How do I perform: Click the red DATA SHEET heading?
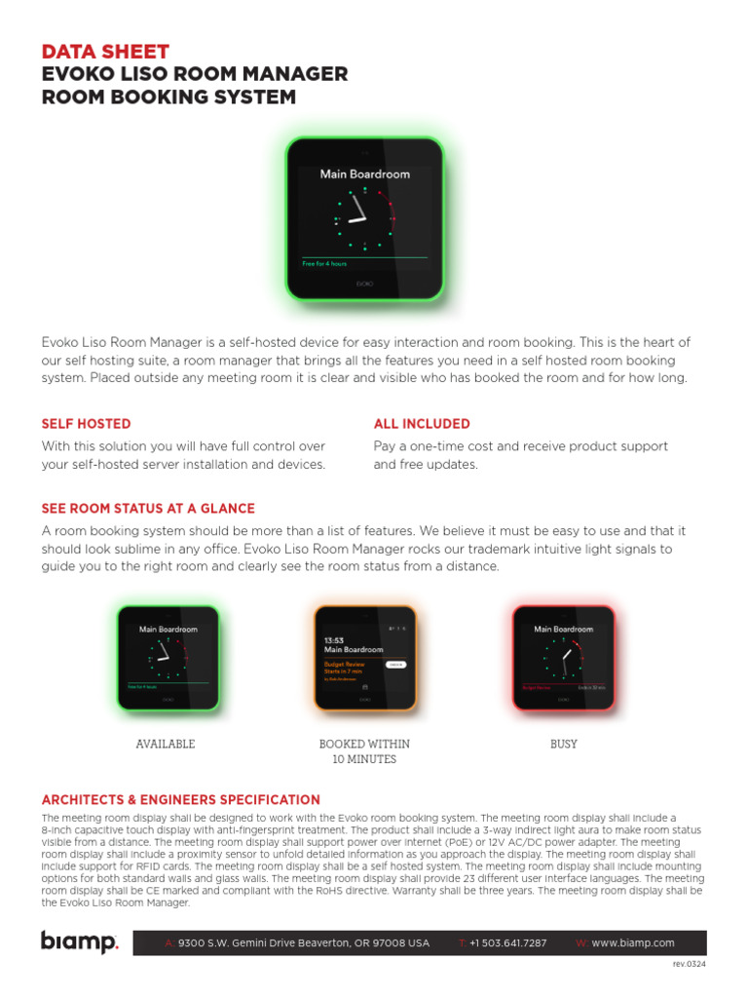105,52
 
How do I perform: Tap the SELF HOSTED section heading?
86,424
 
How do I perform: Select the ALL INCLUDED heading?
422,424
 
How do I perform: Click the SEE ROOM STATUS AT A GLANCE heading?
148,509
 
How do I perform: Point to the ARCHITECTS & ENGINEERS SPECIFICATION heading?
180,799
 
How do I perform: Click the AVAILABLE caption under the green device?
166,744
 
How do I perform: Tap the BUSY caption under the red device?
564,744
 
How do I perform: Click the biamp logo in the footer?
79,942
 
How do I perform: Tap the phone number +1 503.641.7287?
507,943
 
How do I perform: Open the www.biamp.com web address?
633,943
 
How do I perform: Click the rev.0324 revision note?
689,964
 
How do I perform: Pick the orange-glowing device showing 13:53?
364,659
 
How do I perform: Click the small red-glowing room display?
564,659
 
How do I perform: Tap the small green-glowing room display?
168,659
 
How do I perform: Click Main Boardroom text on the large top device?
365,174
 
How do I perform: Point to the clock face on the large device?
364,217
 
